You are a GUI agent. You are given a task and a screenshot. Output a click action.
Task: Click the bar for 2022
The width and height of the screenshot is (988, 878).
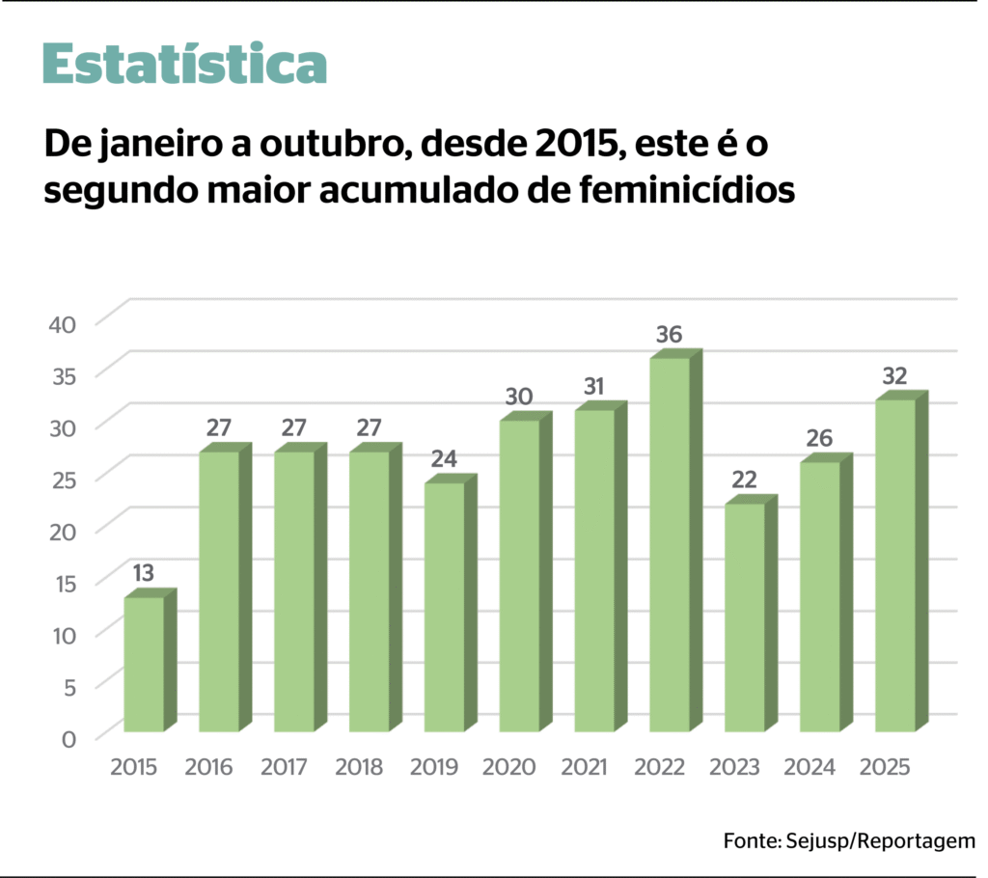(670, 545)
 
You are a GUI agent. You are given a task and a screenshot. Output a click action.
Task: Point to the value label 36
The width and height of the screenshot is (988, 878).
(670, 335)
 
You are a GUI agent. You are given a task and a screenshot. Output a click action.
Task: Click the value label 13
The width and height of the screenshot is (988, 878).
(143, 574)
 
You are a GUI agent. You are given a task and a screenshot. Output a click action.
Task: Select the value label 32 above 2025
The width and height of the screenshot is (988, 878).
(895, 376)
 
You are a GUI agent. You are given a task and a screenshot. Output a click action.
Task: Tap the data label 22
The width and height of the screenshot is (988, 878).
(744, 480)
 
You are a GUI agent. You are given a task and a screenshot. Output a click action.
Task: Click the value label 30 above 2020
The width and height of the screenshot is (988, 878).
(519, 397)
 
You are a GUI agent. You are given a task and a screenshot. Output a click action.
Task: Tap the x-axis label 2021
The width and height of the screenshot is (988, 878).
(586, 768)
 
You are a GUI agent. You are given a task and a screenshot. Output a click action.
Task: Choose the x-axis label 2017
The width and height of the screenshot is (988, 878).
(285, 768)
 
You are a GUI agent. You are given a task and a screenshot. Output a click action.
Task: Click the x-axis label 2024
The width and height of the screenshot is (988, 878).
(810, 768)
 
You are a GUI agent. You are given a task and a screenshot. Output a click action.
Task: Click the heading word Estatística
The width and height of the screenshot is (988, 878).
(184, 64)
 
